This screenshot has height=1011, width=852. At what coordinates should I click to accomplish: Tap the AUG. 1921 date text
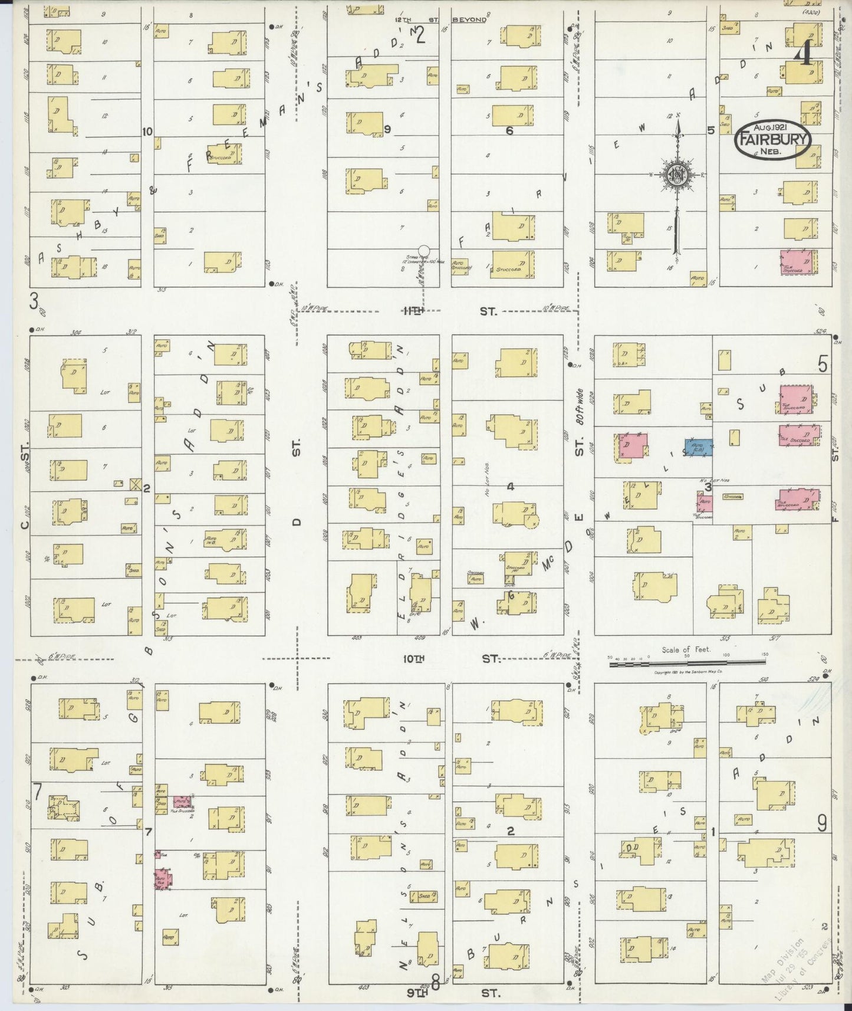tap(772, 127)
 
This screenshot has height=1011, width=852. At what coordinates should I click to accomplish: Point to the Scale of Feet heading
tap(686, 649)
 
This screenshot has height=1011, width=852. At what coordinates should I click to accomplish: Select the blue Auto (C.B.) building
tap(699, 447)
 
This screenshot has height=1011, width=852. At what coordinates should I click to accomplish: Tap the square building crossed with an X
tap(136, 484)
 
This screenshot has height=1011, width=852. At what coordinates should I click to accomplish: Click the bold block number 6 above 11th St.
tap(509, 131)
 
